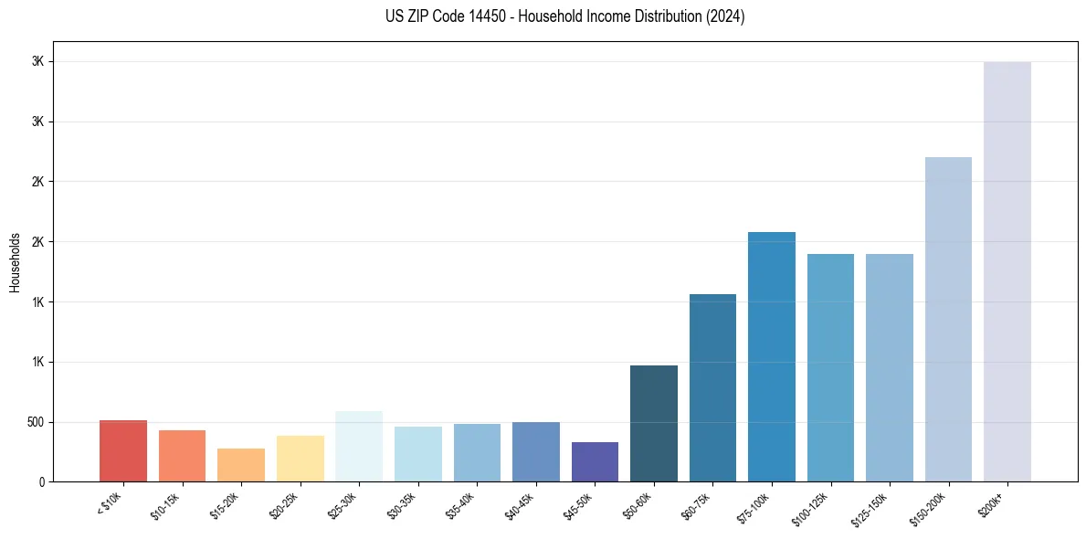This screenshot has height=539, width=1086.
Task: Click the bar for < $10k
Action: click(x=123, y=451)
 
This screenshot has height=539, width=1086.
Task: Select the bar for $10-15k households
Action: click(x=182, y=456)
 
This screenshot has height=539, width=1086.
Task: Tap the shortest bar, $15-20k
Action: click(x=241, y=465)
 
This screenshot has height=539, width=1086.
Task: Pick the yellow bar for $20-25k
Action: click(x=300, y=459)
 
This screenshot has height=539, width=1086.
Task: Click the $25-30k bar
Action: click(x=359, y=447)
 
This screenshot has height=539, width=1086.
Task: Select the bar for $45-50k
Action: click(x=595, y=462)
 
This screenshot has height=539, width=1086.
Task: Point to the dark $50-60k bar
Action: click(x=654, y=424)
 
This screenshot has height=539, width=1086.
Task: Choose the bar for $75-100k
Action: click(x=772, y=357)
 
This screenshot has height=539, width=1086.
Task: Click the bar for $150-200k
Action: click(x=948, y=320)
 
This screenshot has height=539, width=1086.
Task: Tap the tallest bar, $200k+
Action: click(x=1007, y=272)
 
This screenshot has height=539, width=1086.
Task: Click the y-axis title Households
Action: click(x=15, y=262)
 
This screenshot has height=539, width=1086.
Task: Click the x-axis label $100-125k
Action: click(x=812, y=506)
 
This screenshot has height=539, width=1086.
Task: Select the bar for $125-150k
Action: click(x=890, y=368)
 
